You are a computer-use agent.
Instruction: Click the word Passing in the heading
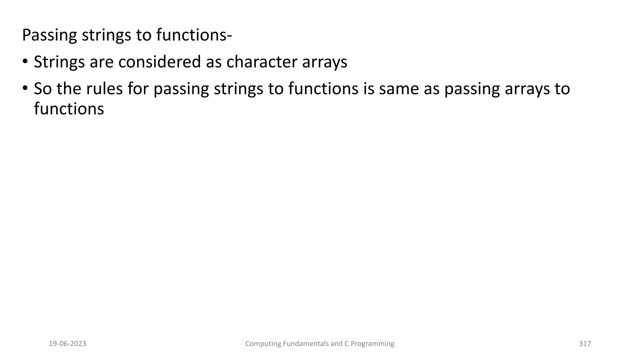49,35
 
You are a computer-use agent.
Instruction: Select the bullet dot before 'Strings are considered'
25,61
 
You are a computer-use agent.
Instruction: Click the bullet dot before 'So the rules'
25,88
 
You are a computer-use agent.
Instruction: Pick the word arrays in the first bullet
324,62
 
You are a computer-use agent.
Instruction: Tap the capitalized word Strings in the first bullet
59,62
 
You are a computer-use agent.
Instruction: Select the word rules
104,88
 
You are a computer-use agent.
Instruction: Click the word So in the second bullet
43,88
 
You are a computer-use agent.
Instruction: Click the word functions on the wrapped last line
69,109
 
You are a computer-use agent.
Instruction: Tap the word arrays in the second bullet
527,89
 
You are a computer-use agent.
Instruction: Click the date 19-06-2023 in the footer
67,344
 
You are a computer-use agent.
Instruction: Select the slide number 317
585,344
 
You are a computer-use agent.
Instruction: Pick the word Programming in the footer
372,344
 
